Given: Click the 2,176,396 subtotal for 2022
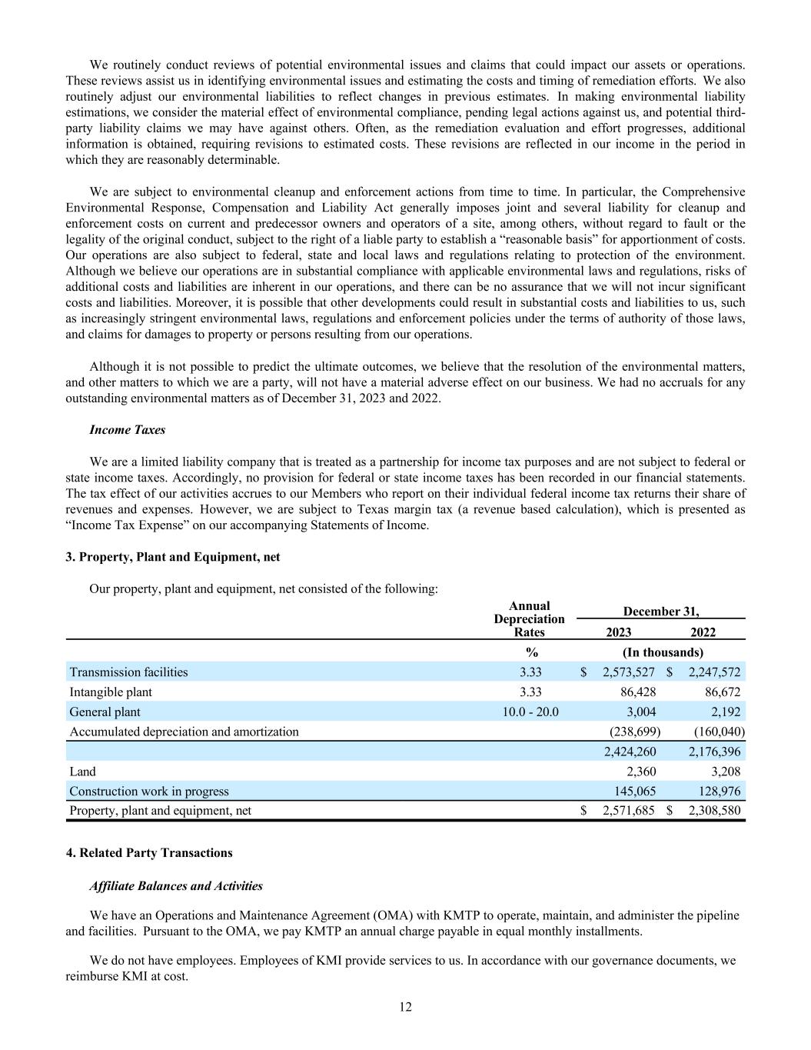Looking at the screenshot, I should [714, 752].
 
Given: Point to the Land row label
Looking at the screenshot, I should [83, 772].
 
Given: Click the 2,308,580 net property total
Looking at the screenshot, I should [714, 811].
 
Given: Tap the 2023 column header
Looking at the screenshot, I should [618, 632].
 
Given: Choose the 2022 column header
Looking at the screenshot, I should [703, 632].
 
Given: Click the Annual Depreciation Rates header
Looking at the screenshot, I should [529, 619].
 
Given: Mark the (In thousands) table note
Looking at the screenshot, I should [663, 652].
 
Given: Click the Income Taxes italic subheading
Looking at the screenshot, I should [127, 430].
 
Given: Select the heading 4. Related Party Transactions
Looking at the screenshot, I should [149, 853].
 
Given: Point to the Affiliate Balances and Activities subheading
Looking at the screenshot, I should [176, 886].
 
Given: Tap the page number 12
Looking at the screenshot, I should [405, 1008].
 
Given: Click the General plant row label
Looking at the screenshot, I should [105, 712].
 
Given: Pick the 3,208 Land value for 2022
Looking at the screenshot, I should [726, 772].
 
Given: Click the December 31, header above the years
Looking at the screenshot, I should [661, 612].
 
